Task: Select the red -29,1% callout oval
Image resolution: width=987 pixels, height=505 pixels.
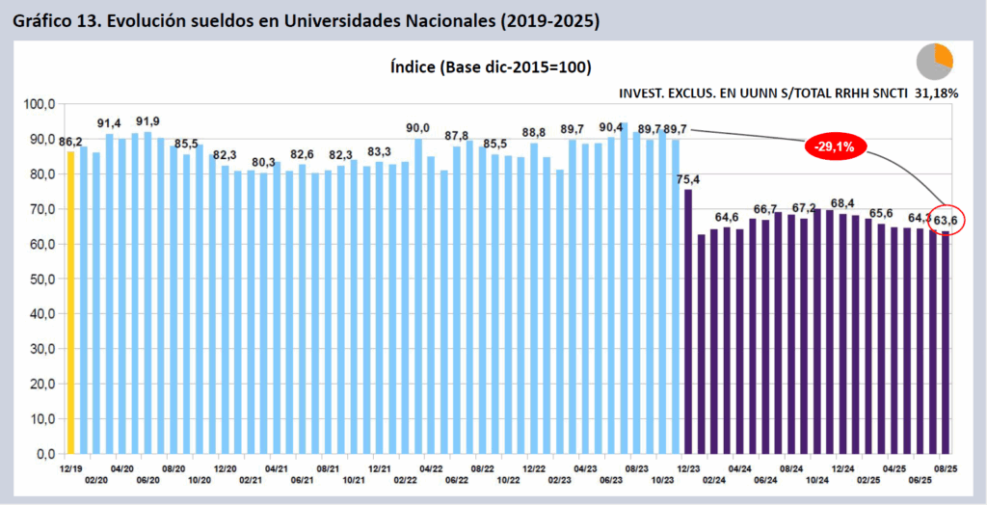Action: pyautogui.click(x=837, y=146)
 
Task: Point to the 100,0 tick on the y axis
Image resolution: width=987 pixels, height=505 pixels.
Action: pyautogui.click(x=40, y=104)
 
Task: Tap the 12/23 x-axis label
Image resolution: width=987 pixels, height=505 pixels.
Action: pyautogui.click(x=688, y=468)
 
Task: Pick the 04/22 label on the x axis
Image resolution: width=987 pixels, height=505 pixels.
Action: pyautogui.click(x=430, y=468)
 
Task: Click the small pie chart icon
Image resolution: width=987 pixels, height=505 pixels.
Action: pyautogui.click(x=934, y=61)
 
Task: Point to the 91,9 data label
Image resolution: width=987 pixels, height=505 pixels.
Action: pyautogui.click(x=147, y=121)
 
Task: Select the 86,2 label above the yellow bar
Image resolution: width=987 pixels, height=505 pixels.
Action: pyautogui.click(x=70, y=142)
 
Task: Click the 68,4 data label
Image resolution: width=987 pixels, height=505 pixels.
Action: pyautogui.click(x=842, y=202)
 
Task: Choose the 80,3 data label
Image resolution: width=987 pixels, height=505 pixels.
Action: pyautogui.click(x=263, y=162)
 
